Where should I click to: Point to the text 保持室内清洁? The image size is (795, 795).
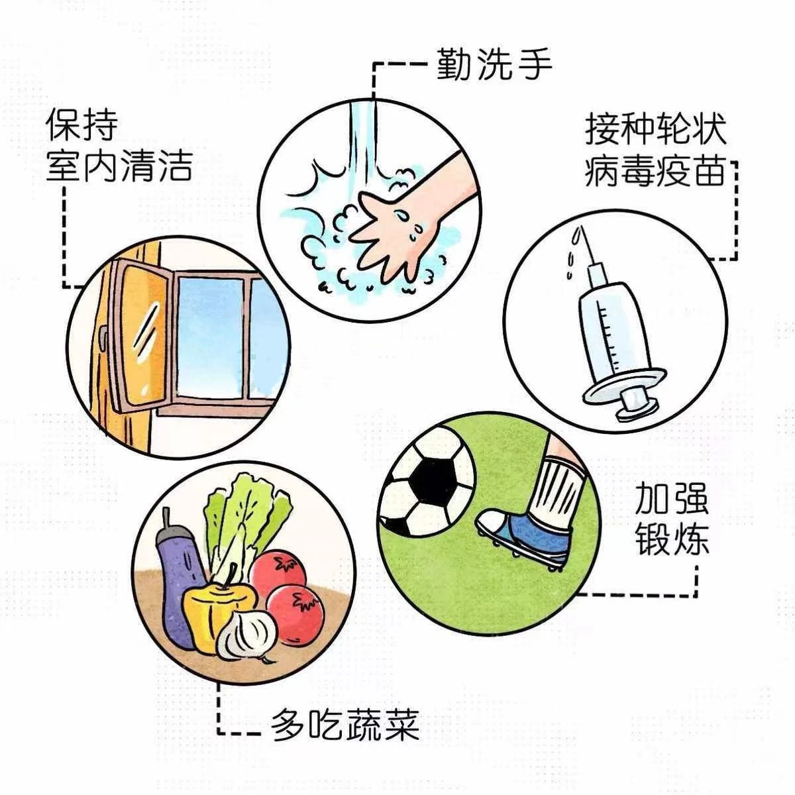(x=119, y=147)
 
